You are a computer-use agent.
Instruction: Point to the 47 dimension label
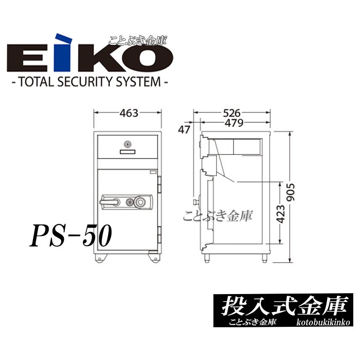(184, 129)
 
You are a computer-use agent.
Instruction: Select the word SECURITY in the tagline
(93, 81)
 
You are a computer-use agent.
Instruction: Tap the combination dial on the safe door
(141, 203)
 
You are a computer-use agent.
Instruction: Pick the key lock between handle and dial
(129, 203)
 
